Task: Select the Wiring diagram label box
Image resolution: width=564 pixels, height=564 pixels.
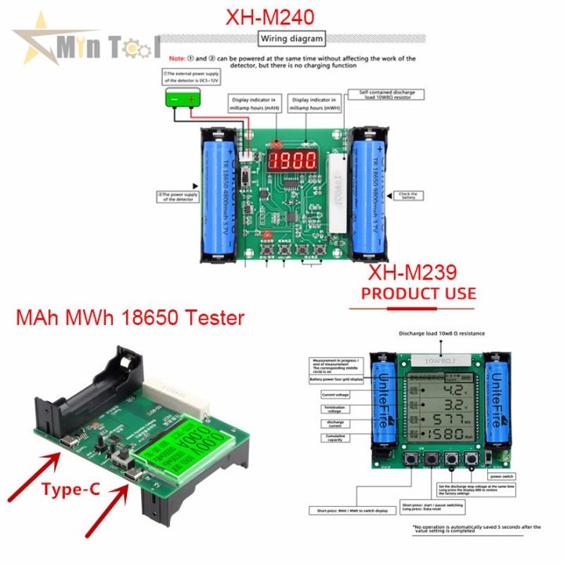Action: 291,38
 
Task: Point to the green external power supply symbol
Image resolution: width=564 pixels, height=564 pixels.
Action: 182,99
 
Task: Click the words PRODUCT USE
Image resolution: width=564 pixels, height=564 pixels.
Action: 417,294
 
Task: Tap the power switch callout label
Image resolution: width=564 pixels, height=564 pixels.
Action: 501,475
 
